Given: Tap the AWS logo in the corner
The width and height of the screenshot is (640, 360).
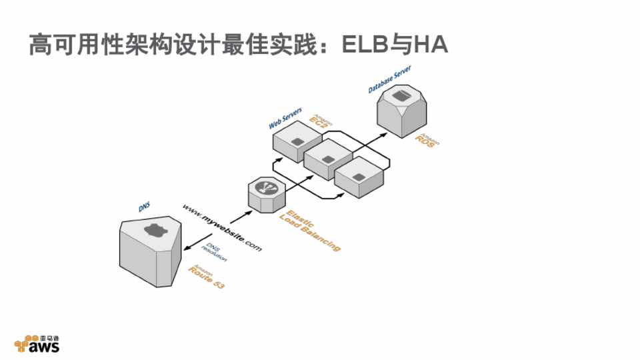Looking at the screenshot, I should click(37, 343).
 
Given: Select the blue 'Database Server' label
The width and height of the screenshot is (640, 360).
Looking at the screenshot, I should click(389, 79).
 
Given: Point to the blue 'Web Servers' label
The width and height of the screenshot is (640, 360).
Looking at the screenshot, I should click(285, 118).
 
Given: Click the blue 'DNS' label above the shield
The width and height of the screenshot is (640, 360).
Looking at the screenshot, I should click(144, 208).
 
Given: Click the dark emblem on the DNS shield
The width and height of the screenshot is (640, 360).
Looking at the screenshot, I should click(154, 231).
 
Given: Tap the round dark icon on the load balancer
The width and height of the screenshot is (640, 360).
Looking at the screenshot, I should click(266, 187).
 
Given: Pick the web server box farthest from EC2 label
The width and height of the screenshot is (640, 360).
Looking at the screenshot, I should click(358, 177).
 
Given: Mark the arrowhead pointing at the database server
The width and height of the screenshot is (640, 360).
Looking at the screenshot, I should click(384, 133).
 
